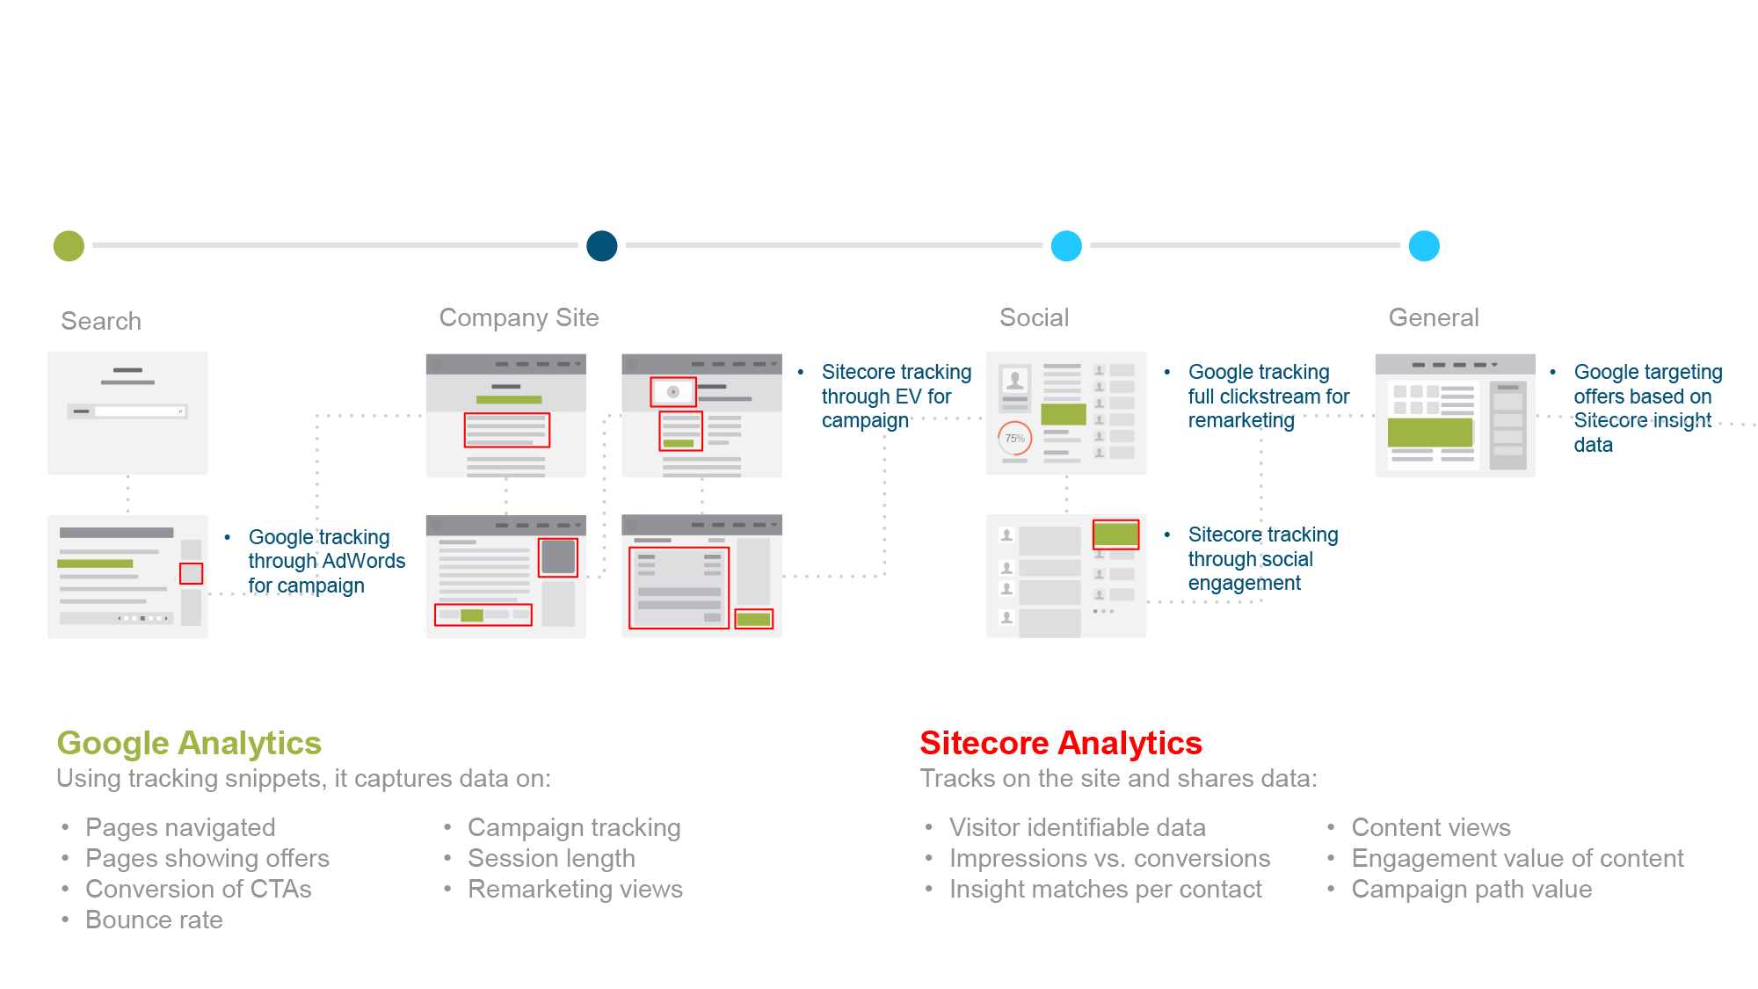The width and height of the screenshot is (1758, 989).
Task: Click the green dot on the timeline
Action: pos(69,246)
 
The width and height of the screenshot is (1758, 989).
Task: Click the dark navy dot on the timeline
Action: pos(602,246)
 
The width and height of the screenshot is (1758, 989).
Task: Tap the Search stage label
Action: pos(101,321)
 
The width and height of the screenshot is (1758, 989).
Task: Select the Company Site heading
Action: pos(519,317)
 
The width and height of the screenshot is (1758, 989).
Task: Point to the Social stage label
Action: pos(1035,317)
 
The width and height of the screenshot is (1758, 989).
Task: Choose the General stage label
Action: pos(1434,317)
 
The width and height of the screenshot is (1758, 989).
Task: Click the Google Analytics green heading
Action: pos(189,743)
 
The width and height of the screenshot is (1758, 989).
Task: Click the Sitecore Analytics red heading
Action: pos(1061,743)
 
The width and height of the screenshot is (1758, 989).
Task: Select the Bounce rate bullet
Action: pos(154,920)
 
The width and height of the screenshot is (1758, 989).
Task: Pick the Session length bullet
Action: pos(551,858)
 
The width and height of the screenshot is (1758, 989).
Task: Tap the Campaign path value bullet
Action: pos(1471,889)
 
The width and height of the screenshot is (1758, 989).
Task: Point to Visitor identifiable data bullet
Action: pos(1078,827)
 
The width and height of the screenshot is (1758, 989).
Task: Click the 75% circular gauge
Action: pos(1015,438)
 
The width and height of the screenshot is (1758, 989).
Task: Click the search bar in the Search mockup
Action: pos(127,411)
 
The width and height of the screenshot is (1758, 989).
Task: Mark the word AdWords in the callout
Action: pos(364,561)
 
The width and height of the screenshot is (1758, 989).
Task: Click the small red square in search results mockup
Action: pos(191,573)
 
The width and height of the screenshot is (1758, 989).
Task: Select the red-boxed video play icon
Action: pos(673,392)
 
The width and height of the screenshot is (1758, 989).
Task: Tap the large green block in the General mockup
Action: pos(1430,433)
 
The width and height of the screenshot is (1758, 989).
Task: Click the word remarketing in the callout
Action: pos(1241,421)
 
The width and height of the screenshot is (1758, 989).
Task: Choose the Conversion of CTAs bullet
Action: pos(198,889)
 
